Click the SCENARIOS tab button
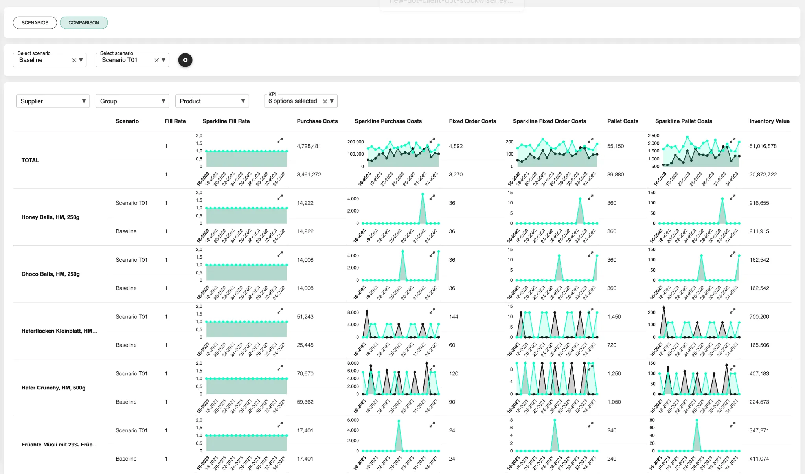point(35,23)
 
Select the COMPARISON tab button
point(84,23)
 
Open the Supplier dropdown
point(53,101)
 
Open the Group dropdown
point(132,101)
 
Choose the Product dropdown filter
point(212,101)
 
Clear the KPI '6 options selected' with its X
point(325,101)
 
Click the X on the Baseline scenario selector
point(74,60)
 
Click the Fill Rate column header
point(175,121)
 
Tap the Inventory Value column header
point(769,121)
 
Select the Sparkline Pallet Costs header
point(684,121)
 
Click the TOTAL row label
point(30,160)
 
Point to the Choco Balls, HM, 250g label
point(51,274)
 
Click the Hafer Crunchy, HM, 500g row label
point(53,388)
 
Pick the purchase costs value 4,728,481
point(309,146)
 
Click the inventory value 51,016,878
point(763,146)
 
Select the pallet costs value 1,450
point(614,317)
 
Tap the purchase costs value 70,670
point(305,374)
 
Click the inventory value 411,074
point(759,459)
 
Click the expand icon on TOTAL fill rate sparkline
point(280,140)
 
